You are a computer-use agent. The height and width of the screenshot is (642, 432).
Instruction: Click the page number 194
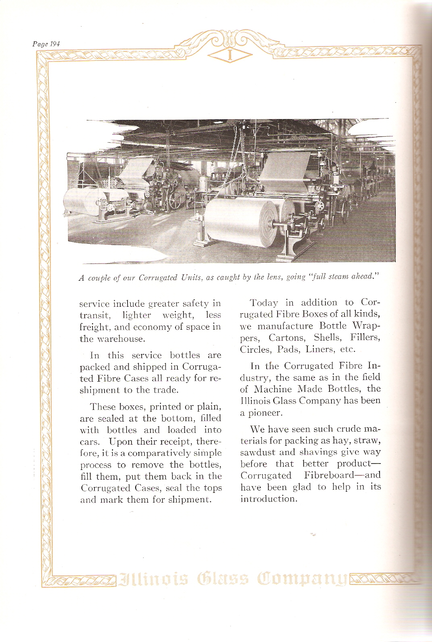pos(54,44)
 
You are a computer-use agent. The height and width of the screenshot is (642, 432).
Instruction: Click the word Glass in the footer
pos(222,579)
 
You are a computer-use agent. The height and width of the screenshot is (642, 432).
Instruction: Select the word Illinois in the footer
pos(154,579)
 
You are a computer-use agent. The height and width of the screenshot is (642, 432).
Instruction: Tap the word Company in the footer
pos(303,579)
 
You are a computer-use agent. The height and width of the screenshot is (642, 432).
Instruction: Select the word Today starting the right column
pos(264,303)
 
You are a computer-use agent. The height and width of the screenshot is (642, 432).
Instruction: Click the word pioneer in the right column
pos(266,413)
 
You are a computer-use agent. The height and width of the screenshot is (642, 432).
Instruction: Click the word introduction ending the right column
pos(268,499)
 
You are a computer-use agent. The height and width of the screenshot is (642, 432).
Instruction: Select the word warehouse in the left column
pos(119,339)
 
